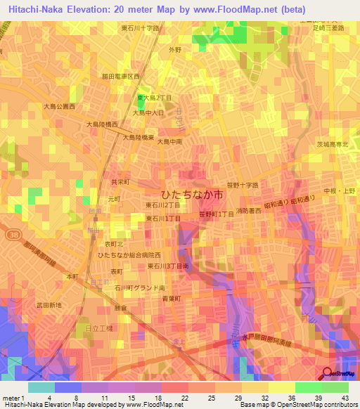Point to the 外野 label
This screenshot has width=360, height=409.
tap(175, 50)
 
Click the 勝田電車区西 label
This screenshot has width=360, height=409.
tap(121, 76)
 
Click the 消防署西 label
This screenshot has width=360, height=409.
tap(250, 211)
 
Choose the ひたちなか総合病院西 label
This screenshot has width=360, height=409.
tap(129, 254)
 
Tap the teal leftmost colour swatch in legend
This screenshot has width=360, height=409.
tap(41, 387)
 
